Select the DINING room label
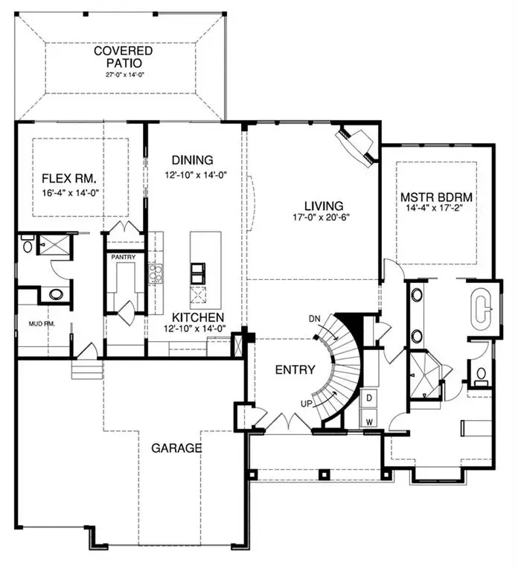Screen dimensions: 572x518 192,159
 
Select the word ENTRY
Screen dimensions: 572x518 295,369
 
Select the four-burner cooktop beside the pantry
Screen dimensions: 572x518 155,275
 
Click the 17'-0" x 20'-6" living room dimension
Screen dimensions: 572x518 322,218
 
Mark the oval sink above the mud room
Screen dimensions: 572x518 57,293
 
